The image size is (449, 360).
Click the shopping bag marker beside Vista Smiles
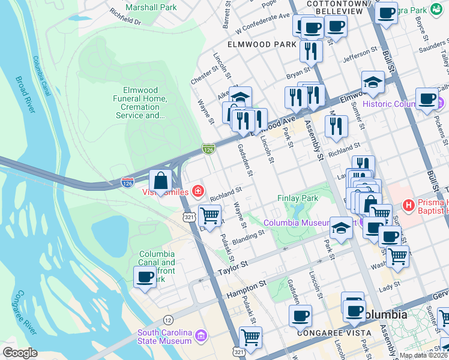161,181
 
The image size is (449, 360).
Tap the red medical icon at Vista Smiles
197,191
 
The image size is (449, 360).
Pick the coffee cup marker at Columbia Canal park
145,277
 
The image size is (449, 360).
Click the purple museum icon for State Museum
200,334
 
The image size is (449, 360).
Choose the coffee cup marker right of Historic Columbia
427,99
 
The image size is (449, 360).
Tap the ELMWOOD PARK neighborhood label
262,44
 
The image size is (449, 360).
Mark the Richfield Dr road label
124,16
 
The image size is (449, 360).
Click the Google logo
20,353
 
